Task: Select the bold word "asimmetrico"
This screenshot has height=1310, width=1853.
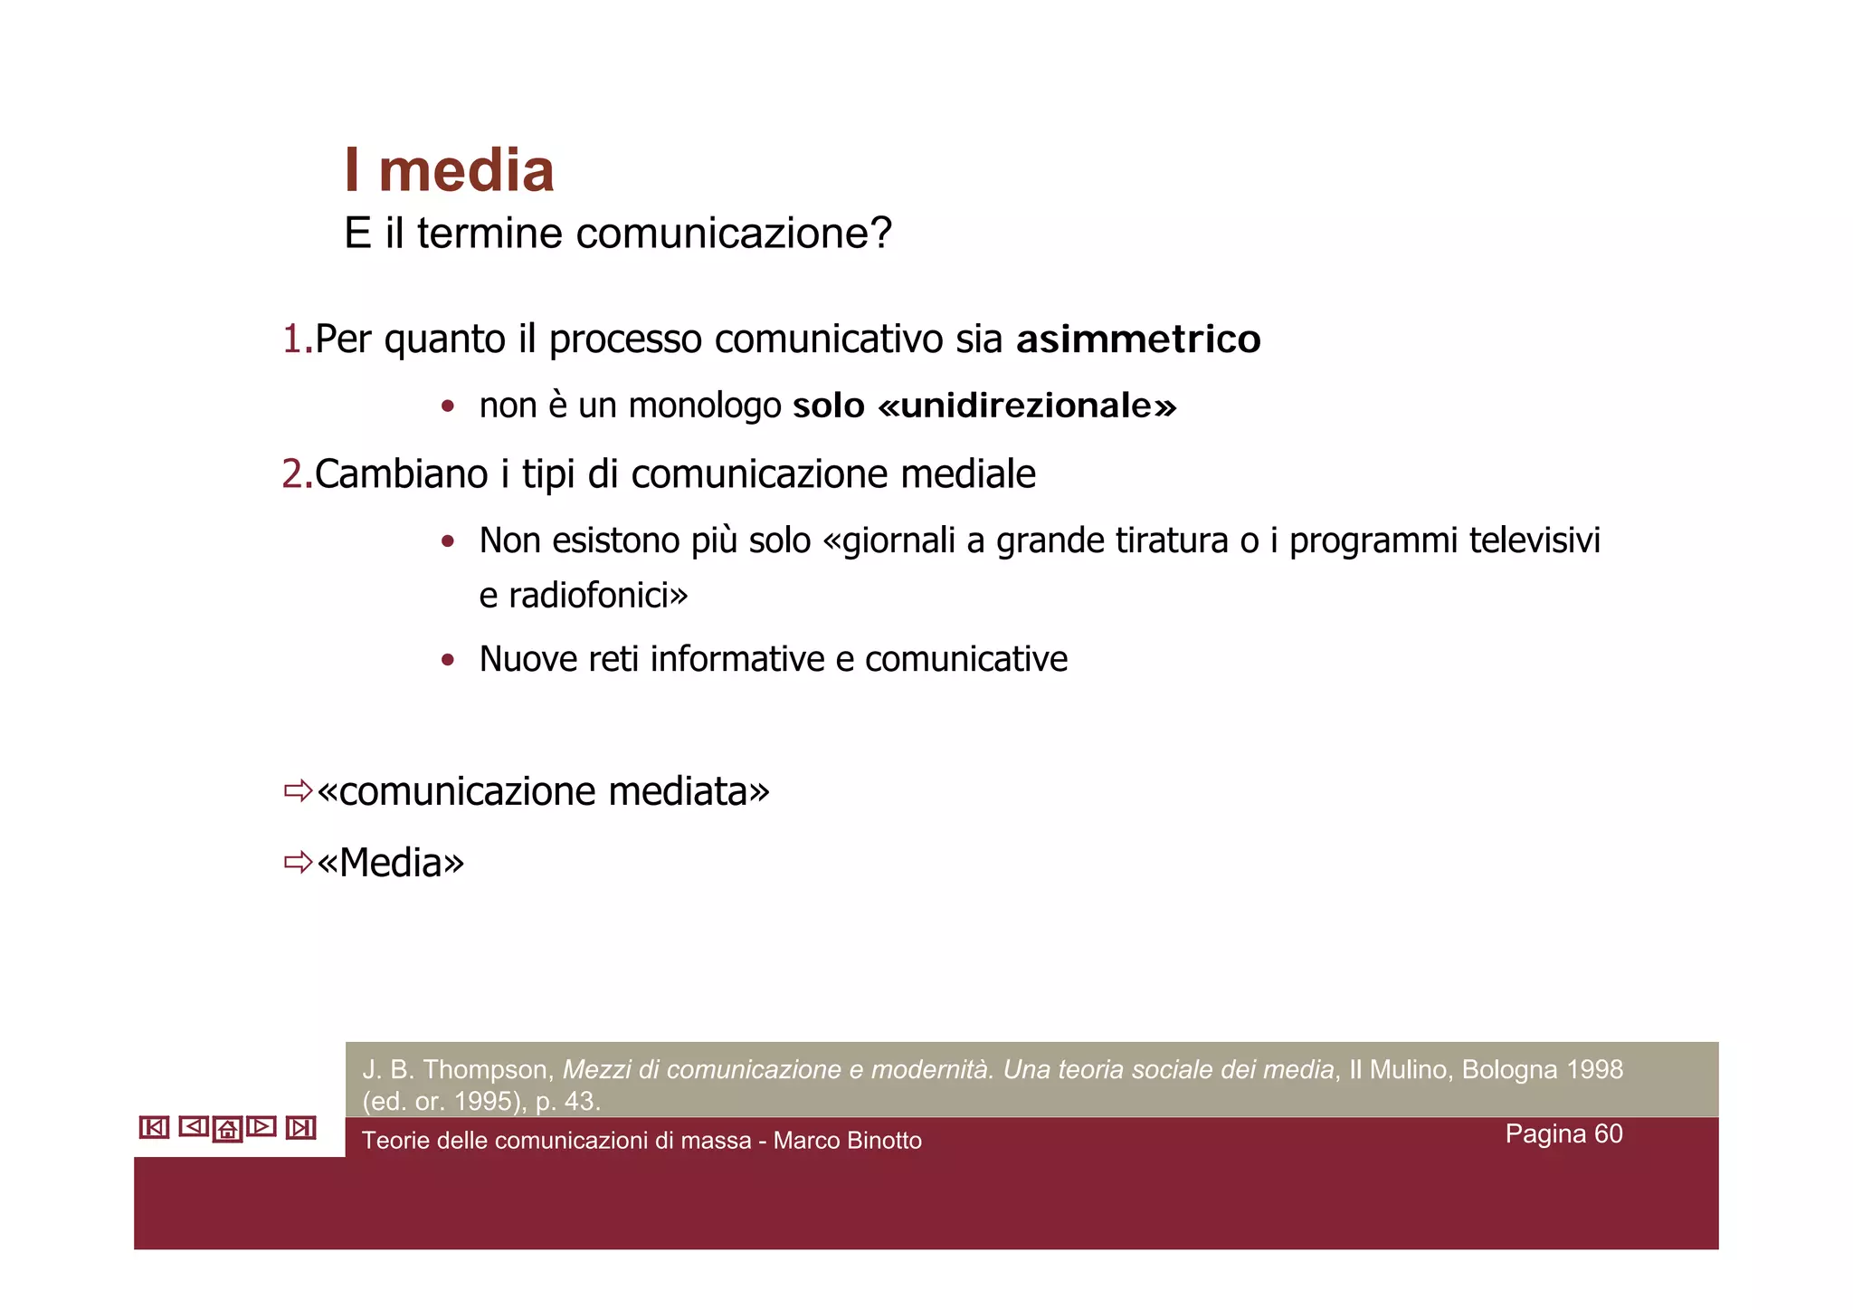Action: pos(1137,339)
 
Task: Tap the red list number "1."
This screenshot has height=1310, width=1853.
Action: pos(297,339)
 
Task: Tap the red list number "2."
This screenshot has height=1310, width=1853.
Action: pos(297,474)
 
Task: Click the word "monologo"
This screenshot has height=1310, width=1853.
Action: pos(705,406)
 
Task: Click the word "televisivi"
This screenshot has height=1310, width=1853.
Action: pos(1535,540)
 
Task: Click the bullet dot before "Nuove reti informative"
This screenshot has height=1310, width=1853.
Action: pos(447,660)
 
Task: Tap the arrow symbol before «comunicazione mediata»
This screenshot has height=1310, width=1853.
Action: pos(298,791)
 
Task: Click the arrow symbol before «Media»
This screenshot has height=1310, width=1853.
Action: pos(298,862)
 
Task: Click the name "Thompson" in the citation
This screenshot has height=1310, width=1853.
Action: pos(484,1070)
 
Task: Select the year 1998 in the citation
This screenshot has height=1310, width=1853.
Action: pos(1594,1070)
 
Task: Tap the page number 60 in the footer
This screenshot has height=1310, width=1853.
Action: pos(1608,1134)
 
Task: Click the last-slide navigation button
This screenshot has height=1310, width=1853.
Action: pos(300,1127)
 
